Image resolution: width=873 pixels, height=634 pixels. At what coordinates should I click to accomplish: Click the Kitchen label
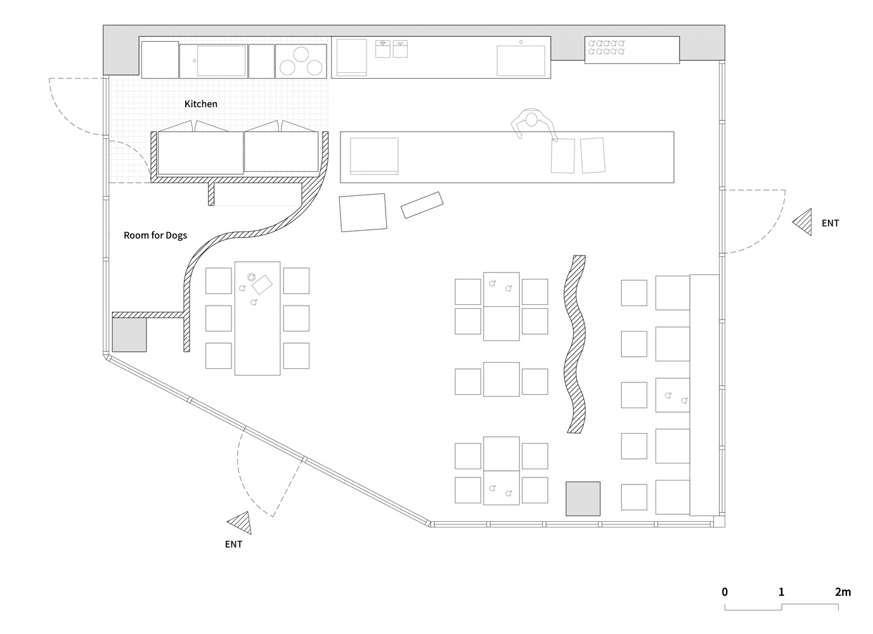[201, 104]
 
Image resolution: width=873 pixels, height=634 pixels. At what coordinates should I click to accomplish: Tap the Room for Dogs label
[155, 235]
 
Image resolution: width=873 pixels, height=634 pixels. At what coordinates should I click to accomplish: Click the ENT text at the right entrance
[830, 223]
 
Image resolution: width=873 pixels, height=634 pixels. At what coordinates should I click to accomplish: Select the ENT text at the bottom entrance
[233, 545]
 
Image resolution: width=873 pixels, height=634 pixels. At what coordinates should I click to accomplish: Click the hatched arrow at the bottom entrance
[242, 523]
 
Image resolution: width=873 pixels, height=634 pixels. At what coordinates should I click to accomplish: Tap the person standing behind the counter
[533, 123]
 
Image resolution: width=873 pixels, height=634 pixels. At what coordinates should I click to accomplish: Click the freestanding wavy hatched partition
[575, 344]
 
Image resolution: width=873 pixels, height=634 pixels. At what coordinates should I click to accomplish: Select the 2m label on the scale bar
[843, 592]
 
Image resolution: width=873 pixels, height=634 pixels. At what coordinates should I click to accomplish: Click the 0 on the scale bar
[725, 592]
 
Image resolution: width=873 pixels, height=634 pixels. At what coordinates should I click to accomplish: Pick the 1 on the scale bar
[782, 592]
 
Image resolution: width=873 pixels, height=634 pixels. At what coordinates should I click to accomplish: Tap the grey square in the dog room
[129, 335]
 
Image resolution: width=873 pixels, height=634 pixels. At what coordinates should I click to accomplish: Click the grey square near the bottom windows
[583, 499]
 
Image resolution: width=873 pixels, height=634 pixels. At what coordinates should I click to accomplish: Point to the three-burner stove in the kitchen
[301, 61]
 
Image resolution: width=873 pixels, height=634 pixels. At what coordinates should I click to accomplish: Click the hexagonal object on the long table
[252, 277]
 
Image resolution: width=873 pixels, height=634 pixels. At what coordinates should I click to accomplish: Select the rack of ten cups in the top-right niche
[607, 47]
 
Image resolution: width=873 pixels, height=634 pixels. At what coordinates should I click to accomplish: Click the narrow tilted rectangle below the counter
[422, 205]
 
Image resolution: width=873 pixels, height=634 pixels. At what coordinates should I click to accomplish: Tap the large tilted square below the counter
[363, 213]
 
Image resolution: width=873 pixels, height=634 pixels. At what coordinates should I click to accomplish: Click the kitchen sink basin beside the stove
[222, 61]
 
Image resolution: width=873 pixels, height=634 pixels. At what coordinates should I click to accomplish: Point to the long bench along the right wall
[704, 395]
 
